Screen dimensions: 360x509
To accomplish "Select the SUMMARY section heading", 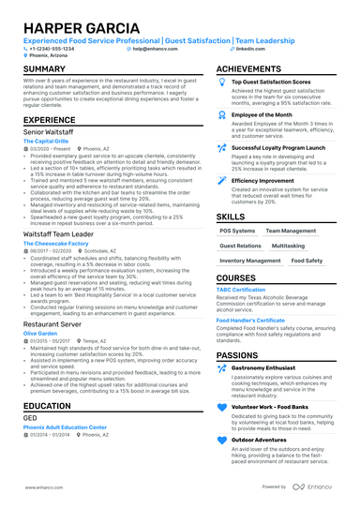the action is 44,69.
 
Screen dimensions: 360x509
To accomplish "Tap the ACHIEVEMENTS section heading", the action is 248,69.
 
